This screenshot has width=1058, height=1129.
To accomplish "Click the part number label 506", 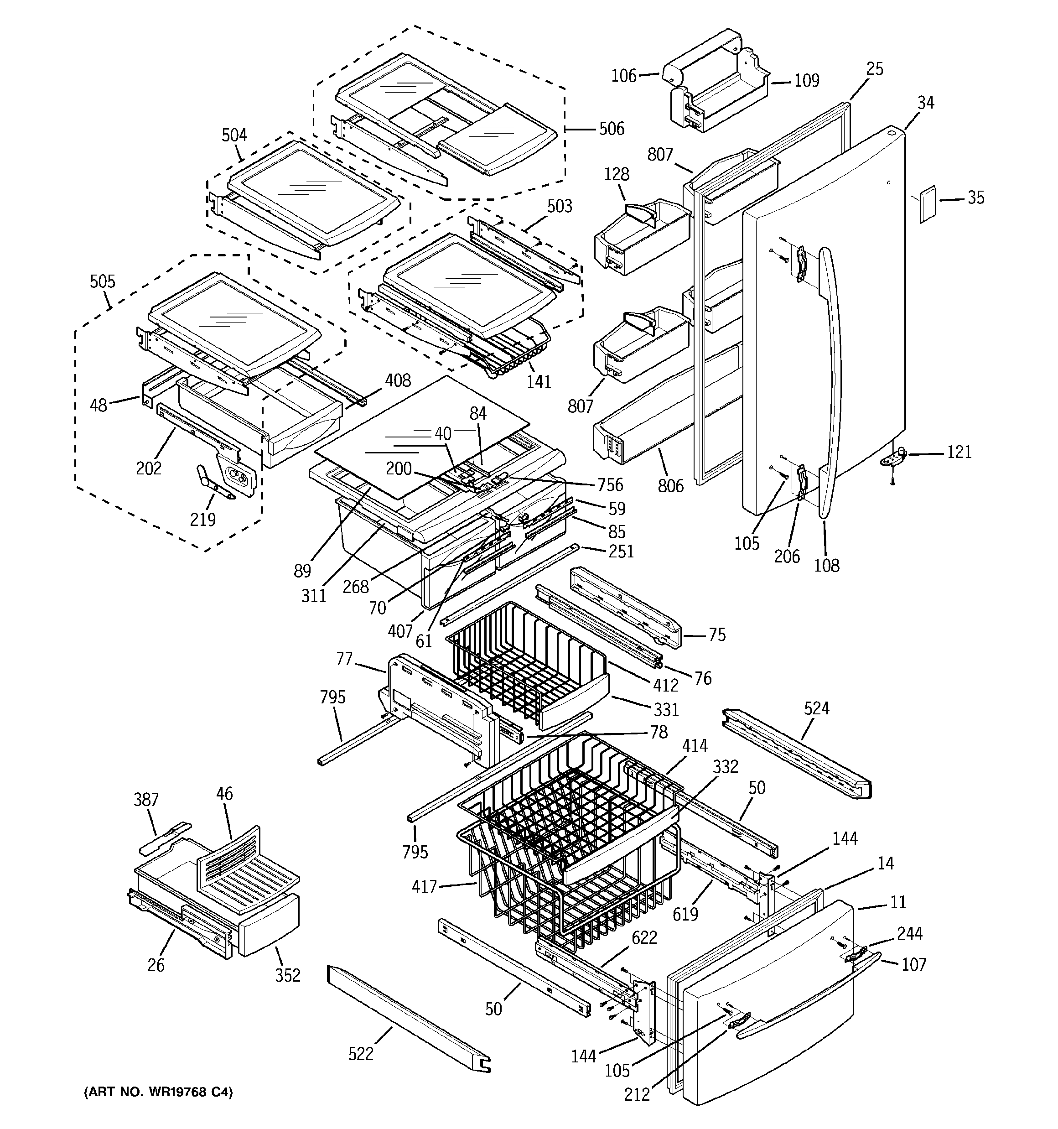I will [611, 129].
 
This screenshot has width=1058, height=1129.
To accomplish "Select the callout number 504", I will [234, 135].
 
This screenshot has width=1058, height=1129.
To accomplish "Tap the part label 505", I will [102, 282].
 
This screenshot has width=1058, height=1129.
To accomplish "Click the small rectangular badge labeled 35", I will [928, 203].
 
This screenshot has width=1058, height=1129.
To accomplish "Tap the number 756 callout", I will [610, 484].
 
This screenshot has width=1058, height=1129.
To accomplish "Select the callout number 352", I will [287, 975].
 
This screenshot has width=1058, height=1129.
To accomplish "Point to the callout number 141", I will [539, 381].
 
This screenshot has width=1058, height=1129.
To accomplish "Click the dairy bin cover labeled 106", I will [676, 73].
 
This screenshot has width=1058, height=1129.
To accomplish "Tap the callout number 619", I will [685, 914].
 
